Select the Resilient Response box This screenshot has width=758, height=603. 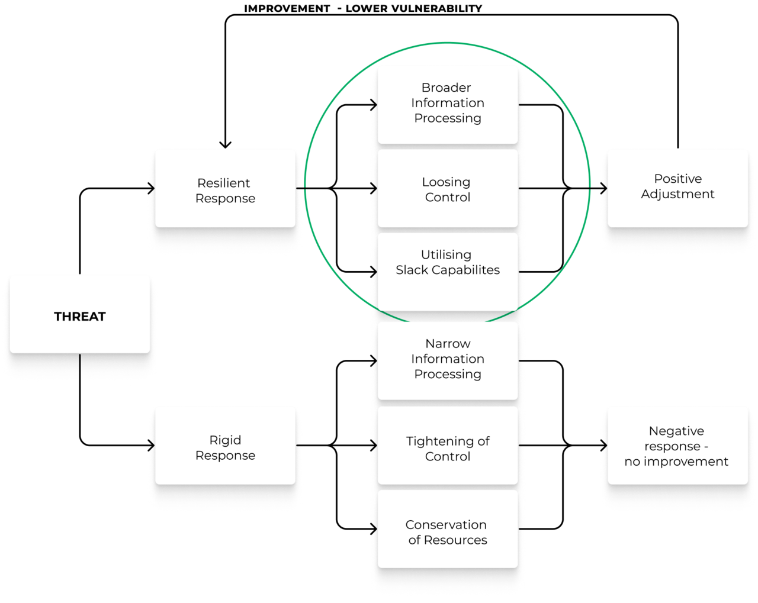coord(225,188)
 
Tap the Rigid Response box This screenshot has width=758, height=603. coord(225,445)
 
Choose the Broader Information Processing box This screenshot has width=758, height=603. coord(448,104)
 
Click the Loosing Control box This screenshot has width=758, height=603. coord(448,188)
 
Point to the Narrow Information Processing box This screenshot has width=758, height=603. coord(448,360)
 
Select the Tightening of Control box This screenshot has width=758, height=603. coord(448,445)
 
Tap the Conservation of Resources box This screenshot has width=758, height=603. coord(448,529)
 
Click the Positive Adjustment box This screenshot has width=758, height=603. coord(677,188)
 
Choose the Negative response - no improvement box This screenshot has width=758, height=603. coord(677,445)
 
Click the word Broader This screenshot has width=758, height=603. coord(446,88)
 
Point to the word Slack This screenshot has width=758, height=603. coord(412,270)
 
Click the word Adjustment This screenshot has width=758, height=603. coord(677,194)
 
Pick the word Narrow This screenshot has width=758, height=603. coord(448,344)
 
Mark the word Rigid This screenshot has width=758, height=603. coord(225,440)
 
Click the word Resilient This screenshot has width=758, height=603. coord(224,183)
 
